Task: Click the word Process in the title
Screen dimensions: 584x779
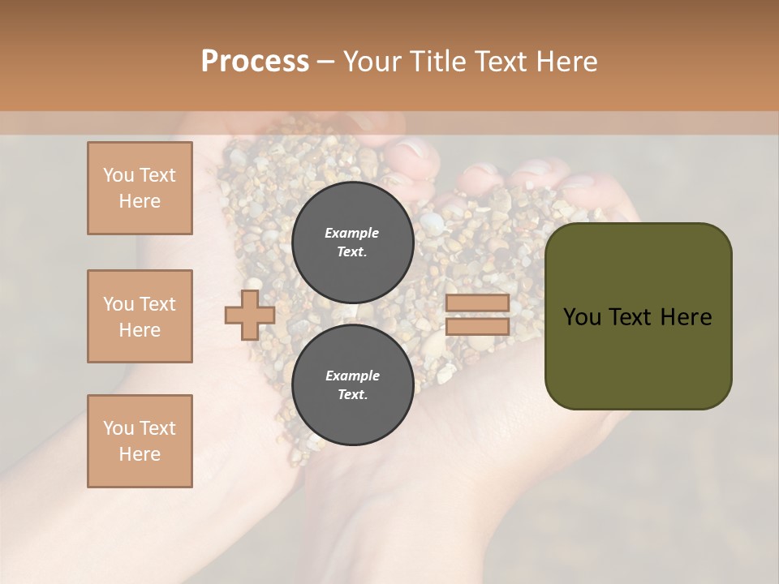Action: [x=255, y=61]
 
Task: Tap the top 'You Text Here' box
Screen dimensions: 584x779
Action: [x=140, y=188]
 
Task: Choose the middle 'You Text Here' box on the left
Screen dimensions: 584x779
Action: [x=140, y=316]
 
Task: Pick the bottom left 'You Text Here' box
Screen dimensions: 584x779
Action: [x=140, y=441]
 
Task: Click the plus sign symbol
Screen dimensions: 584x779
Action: [x=249, y=316]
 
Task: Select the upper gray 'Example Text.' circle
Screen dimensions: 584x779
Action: [x=352, y=242]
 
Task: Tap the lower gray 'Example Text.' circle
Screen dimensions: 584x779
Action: [x=352, y=384]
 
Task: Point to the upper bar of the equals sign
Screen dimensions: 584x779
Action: [x=477, y=303]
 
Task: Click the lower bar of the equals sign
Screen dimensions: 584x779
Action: [x=477, y=326]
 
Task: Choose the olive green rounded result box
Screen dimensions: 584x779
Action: [x=638, y=316]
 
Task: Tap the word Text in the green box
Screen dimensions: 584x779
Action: [x=637, y=317]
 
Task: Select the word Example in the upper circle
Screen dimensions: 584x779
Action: [x=352, y=233]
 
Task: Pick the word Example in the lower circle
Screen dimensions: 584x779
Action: [x=352, y=376]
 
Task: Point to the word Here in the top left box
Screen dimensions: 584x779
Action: [x=140, y=201]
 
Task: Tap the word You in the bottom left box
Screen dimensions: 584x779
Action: [x=118, y=428]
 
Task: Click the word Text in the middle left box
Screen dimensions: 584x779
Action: [x=157, y=304]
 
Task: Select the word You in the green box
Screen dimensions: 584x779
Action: [x=581, y=317]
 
